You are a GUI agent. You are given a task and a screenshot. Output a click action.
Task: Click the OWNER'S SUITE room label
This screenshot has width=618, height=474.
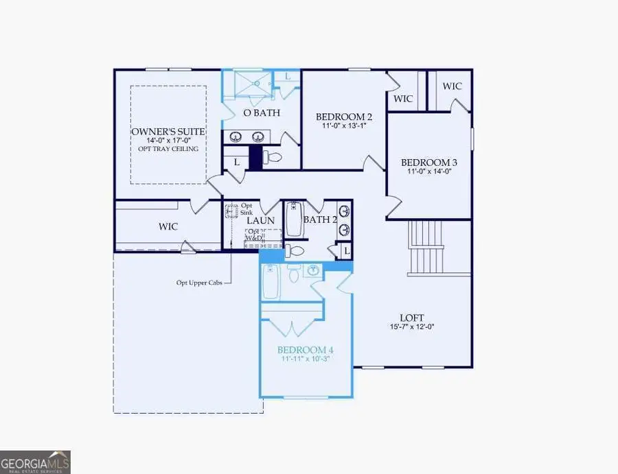tap(168, 131)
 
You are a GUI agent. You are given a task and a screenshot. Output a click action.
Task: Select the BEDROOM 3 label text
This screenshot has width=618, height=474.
tap(429, 163)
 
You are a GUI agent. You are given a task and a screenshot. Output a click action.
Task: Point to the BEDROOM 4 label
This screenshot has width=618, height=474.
tap(306, 348)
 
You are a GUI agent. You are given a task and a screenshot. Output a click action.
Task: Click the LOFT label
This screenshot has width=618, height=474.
tap(412, 318)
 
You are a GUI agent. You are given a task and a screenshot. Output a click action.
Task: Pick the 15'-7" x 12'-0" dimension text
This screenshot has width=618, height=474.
tap(412, 327)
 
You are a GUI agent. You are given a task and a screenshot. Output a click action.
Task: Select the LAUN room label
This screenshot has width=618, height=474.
tap(261, 220)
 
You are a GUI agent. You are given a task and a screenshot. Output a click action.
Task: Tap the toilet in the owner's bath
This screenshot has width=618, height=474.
tap(274, 158)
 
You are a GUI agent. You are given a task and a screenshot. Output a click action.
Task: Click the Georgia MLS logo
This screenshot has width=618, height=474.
tap(36, 461)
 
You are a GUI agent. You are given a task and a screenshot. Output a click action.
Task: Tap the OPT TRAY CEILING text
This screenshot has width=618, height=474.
tap(168, 149)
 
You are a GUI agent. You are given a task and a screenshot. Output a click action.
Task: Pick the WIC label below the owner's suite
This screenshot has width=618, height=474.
tap(168, 226)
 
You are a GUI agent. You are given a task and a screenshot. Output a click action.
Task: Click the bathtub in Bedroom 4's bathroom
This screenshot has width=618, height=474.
tap(271, 281)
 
